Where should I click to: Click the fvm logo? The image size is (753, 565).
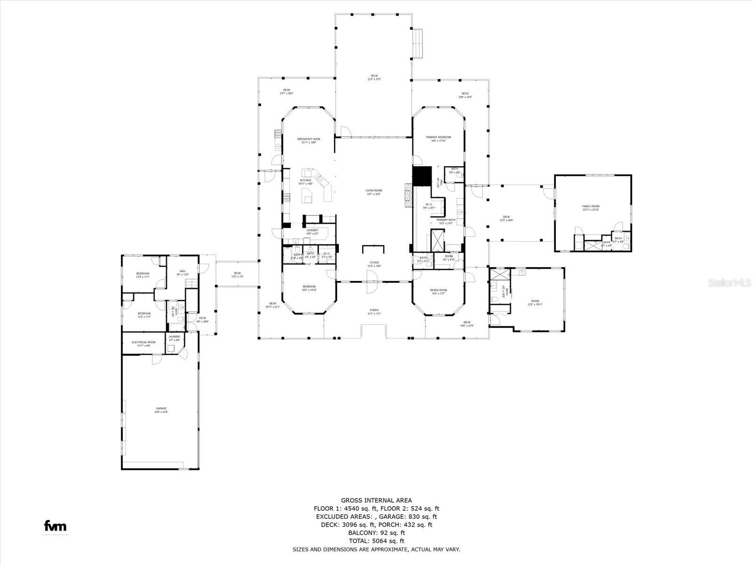point(55,526)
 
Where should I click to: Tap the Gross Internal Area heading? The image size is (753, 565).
point(376,500)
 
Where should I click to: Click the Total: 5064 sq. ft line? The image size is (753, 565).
point(376,541)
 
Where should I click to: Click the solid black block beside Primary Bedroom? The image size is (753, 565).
point(422,176)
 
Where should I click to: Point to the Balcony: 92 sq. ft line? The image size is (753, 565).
point(376,533)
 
